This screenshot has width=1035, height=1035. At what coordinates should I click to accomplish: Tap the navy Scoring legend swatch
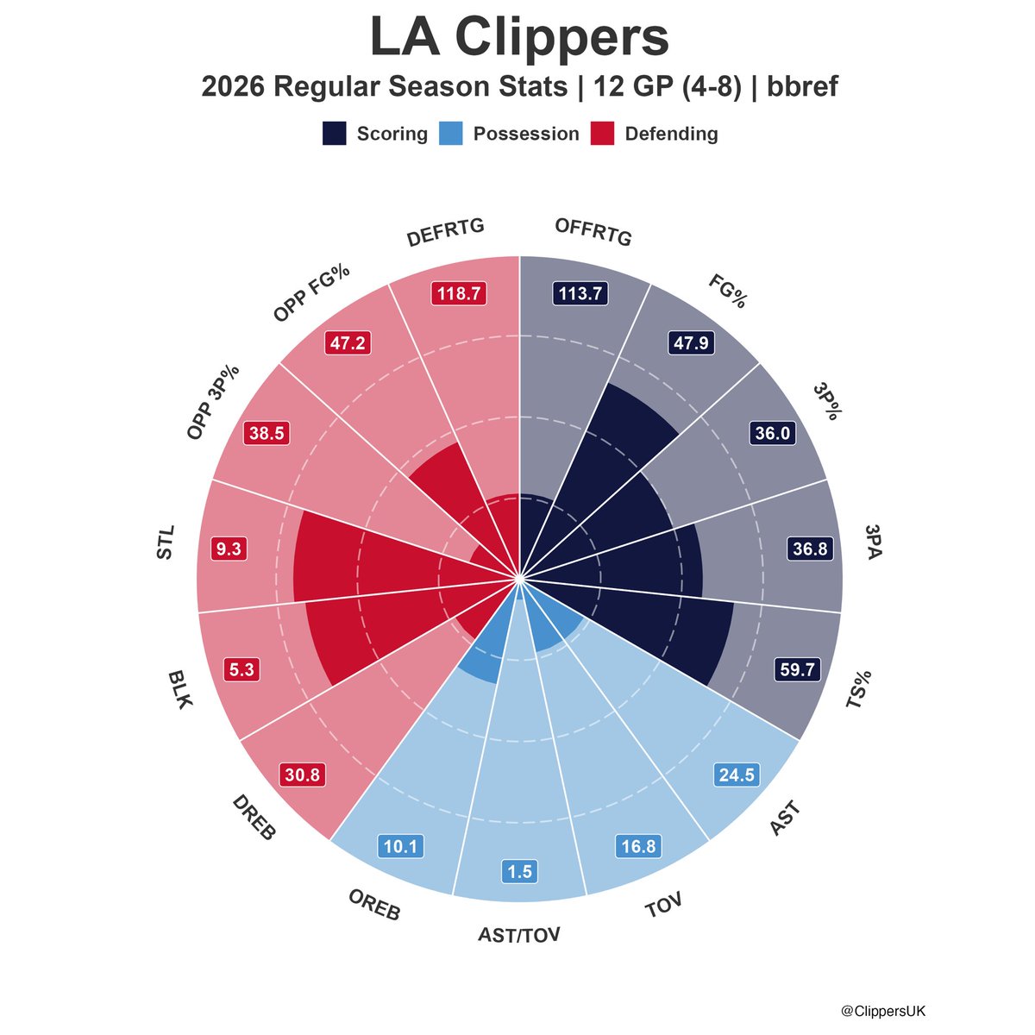click(x=335, y=134)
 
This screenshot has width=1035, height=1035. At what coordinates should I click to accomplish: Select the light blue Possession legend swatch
click(x=450, y=134)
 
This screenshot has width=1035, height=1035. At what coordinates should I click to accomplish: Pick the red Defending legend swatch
click(x=602, y=134)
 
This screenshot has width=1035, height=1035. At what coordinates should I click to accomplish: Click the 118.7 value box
click(x=458, y=293)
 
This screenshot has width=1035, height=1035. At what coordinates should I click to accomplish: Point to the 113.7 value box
click(x=580, y=293)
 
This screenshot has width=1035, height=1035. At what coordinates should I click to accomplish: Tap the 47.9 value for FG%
click(x=691, y=343)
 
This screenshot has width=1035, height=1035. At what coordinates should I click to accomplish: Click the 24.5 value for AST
click(x=736, y=775)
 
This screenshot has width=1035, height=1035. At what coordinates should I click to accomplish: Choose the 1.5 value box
click(x=519, y=872)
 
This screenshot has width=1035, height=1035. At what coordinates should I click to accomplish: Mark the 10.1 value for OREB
click(x=400, y=847)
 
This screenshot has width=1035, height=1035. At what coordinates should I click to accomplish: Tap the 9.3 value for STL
click(x=229, y=549)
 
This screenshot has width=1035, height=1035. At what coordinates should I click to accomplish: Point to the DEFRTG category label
click(x=446, y=235)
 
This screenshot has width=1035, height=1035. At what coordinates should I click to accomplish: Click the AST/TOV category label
click(x=519, y=934)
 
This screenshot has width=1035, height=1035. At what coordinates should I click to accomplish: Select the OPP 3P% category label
click(x=213, y=403)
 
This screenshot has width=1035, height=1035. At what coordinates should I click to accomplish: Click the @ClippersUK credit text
click(x=883, y=1010)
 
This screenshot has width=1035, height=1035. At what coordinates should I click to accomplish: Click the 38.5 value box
click(x=266, y=434)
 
